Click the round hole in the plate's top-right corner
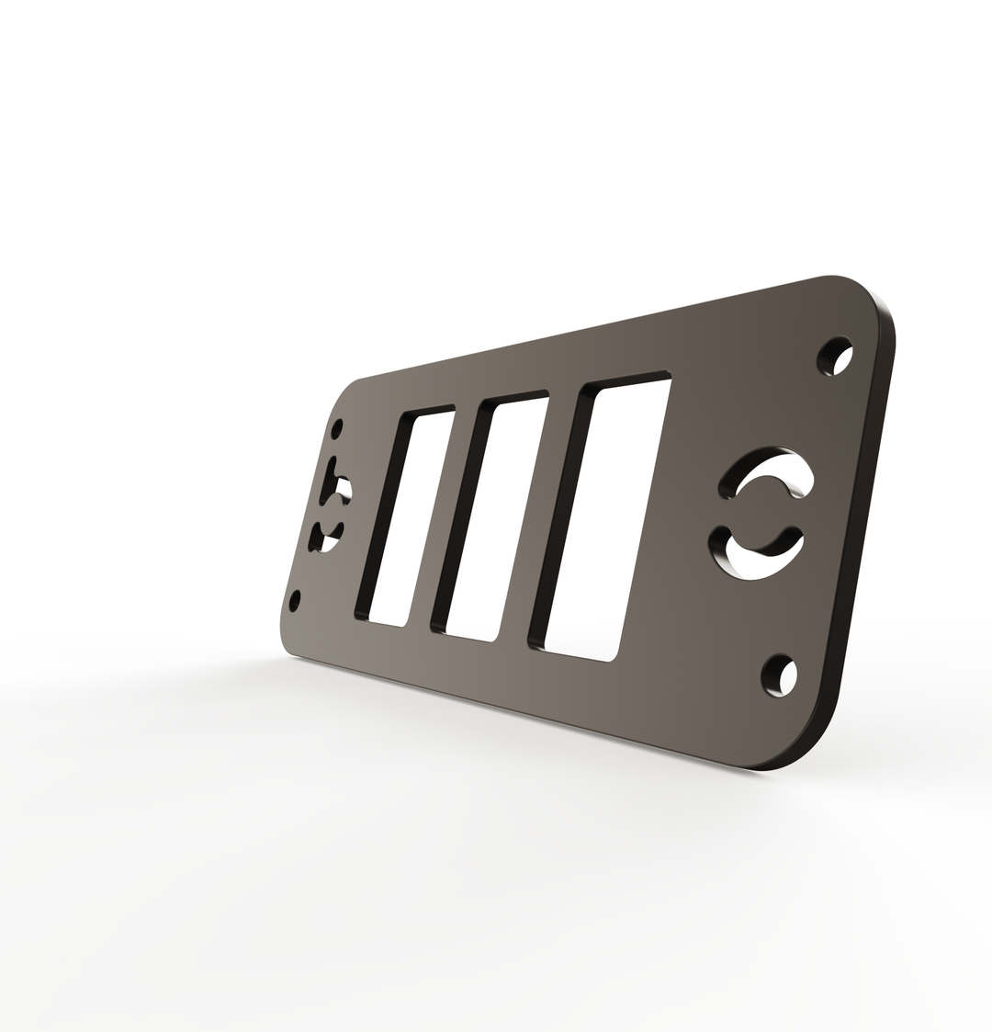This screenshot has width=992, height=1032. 835,357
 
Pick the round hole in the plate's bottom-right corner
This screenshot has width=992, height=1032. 779,676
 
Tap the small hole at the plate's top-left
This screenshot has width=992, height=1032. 338,429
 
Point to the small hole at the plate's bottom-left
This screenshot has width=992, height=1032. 295,601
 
